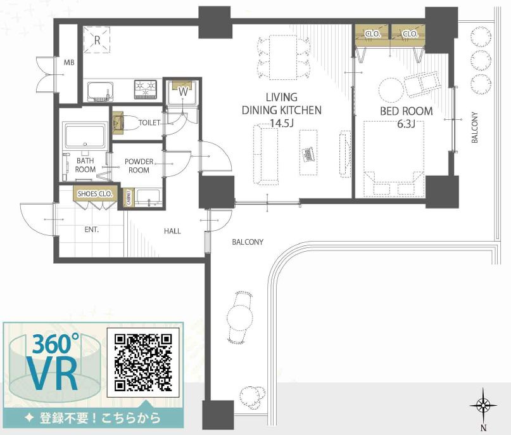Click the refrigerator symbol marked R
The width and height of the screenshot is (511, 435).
[97, 39]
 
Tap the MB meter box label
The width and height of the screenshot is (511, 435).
[69, 62]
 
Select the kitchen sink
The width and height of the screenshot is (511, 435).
[101, 91]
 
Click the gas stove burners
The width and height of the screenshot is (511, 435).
[146, 89]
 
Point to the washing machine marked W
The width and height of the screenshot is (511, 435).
[183, 92]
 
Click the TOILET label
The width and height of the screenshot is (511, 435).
[149, 123]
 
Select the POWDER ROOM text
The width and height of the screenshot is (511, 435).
[139, 166]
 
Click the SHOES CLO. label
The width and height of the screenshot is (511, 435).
[95, 194]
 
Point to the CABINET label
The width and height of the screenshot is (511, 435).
[129, 198]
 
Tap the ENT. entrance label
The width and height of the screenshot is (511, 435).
[92, 230]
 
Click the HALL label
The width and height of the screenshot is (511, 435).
[172, 231]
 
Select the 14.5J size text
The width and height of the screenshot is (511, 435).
[282, 123]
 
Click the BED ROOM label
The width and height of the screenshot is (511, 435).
[407, 111]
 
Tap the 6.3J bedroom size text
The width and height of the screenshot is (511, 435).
[406, 124]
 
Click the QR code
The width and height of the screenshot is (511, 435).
[143, 363]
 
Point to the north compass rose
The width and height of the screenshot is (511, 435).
[483, 406]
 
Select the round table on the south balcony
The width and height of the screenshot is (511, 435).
[240, 316]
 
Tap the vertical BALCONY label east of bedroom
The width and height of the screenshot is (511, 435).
[475, 127]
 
